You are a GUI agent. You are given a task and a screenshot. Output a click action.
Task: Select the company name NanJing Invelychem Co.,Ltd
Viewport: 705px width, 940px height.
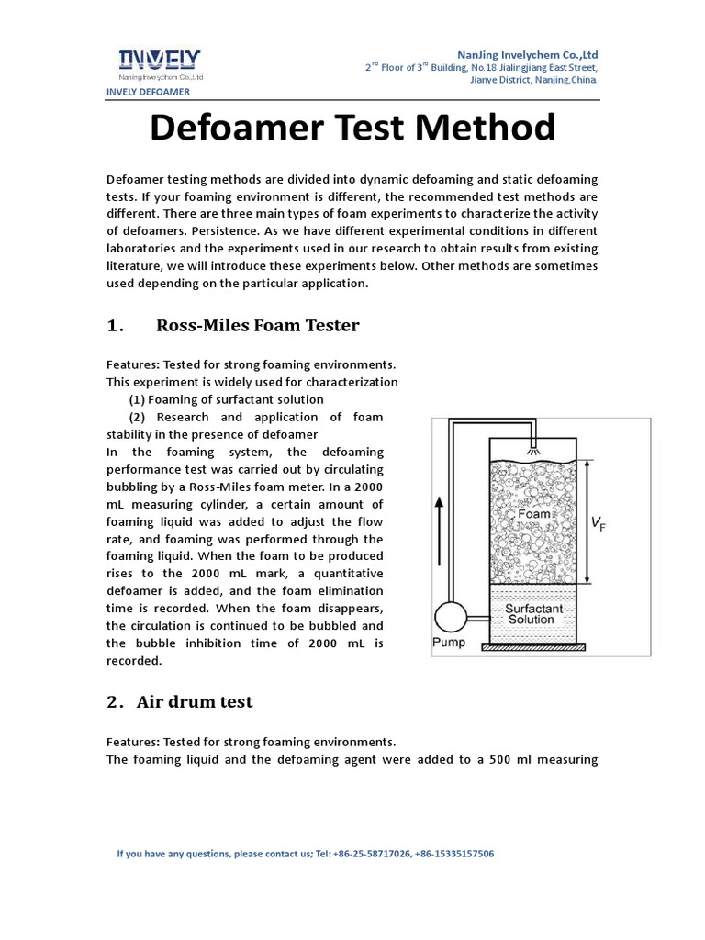(x=527, y=54)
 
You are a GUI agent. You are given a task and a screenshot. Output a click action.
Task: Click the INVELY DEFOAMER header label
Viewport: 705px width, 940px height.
(x=149, y=92)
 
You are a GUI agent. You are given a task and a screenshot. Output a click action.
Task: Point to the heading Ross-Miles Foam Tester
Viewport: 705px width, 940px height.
(x=258, y=326)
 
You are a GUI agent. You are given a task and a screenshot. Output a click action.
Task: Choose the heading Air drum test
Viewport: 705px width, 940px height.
(x=195, y=702)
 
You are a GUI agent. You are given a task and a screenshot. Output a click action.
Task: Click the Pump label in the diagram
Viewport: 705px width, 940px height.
(x=448, y=643)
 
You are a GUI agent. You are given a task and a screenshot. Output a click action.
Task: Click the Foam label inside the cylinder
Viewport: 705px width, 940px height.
(x=534, y=514)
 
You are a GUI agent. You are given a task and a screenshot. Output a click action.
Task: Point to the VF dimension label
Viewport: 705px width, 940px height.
(x=599, y=523)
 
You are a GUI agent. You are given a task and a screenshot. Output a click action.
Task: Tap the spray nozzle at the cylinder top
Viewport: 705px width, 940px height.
(x=533, y=451)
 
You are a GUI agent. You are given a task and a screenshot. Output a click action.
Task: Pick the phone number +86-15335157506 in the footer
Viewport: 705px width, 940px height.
(x=454, y=854)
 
